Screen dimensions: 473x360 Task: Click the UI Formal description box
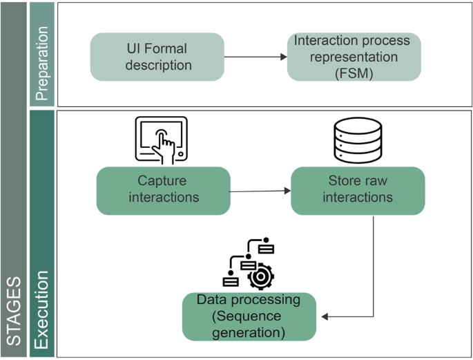tap(157, 57)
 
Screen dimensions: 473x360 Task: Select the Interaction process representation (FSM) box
tap(354, 57)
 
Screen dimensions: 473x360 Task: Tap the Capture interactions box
tap(164, 191)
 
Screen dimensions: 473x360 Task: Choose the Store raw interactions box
tap(358, 191)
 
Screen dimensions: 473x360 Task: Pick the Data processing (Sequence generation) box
tap(249, 316)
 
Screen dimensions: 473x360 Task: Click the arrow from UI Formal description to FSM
tap(255, 57)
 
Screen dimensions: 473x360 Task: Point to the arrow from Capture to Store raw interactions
tap(260, 191)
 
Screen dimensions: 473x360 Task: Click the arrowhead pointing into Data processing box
tap(325, 317)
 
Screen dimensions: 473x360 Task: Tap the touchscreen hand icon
tap(162, 140)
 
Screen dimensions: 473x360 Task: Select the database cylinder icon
tap(358, 140)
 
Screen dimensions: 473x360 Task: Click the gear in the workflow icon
tap(260, 276)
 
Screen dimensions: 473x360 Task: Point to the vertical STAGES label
tap(14, 311)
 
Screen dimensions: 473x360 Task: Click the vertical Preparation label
tap(42, 64)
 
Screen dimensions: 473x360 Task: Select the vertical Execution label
tap(41, 310)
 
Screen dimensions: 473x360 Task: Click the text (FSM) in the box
tap(354, 73)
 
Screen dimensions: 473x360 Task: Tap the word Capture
tap(162, 181)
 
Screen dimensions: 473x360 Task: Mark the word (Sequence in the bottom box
tap(247, 316)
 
